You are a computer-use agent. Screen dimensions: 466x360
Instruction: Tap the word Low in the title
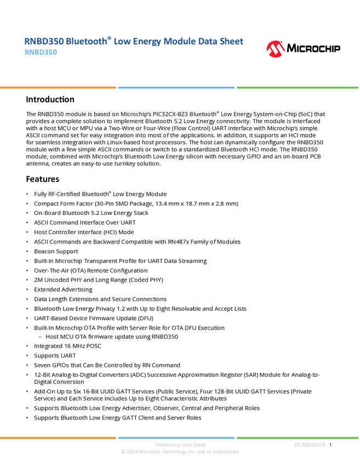pyautogui.click(x=124, y=42)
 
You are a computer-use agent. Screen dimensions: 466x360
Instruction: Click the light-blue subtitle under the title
pyautogui.click(x=41, y=53)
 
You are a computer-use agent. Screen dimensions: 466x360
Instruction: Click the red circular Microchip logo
pyautogui.click(x=275, y=49)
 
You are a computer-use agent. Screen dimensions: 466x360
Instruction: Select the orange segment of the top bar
pyautogui.click(x=58, y=88)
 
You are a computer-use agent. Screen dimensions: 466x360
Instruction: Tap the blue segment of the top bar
pyautogui.click(x=176, y=88)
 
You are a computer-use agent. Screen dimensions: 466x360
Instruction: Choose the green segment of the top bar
pyautogui.click(x=298, y=88)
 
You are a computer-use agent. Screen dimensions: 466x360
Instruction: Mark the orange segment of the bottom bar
pyautogui.click(x=58, y=437)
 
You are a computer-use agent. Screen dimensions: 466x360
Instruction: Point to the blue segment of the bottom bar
pyautogui.click(x=176, y=437)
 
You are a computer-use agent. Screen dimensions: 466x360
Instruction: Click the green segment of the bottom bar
pyautogui.click(x=298, y=437)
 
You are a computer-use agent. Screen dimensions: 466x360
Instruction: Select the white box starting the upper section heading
pyautogui.click(x=13, y=100)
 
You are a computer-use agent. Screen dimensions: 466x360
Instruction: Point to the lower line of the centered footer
pyautogui.click(x=180, y=452)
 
